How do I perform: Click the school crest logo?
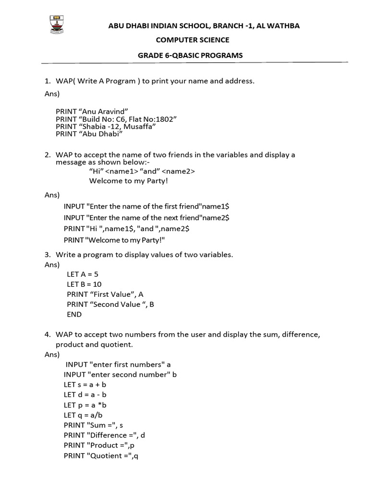coord(57,25)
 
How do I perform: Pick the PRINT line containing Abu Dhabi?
coord(89,134)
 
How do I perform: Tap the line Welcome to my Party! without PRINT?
coord(129,181)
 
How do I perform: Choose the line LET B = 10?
coord(84,284)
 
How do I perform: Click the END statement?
coord(74,315)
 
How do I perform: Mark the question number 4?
coord(48,334)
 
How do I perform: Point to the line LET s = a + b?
coord(85,385)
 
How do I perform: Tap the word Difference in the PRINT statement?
coord(110,435)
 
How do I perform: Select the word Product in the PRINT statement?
coord(104,445)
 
